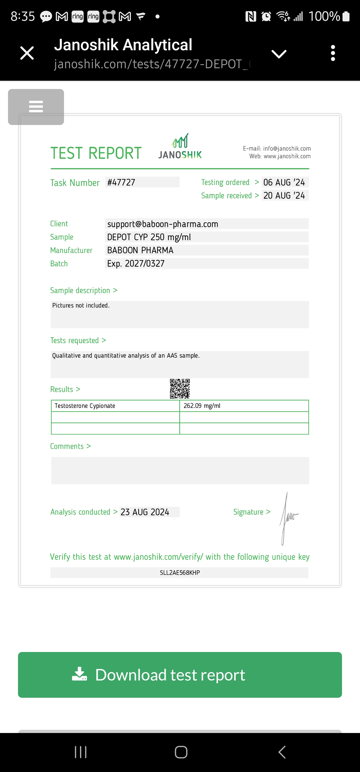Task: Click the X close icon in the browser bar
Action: pyautogui.click(x=27, y=53)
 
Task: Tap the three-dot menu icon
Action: pyautogui.click(x=333, y=53)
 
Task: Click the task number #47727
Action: pyautogui.click(x=121, y=182)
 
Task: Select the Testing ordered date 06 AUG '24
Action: pyautogui.click(x=284, y=182)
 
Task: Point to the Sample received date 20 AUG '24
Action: pyautogui.click(x=284, y=195)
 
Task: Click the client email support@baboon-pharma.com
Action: pyautogui.click(x=163, y=224)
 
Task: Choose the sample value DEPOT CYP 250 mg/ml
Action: pyautogui.click(x=149, y=237)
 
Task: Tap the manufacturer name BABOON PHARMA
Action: pyautogui.click(x=140, y=250)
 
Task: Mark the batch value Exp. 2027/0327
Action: pyautogui.click(x=136, y=263)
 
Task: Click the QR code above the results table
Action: pyautogui.click(x=180, y=389)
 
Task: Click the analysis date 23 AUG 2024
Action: pyautogui.click(x=145, y=512)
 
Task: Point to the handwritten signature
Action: pyautogui.click(x=288, y=517)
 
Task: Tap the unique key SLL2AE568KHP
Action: pyautogui.click(x=180, y=573)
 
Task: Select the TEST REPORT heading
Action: pyautogui.click(x=96, y=153)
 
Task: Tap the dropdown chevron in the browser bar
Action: pyautogui.click(x=279, y=54)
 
